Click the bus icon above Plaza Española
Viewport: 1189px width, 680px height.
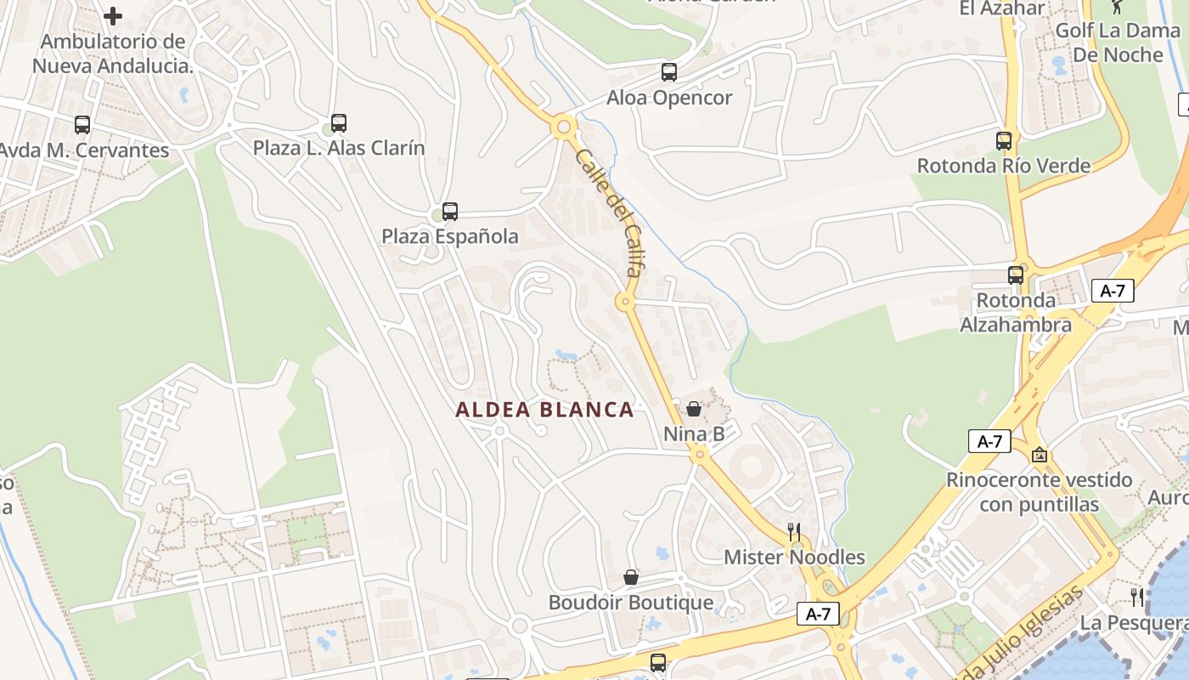[450, 212]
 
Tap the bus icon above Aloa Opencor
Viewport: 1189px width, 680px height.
[669, 72]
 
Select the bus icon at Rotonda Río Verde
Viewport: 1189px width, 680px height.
[1004, 141]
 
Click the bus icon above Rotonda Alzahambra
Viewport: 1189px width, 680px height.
[1016, 275]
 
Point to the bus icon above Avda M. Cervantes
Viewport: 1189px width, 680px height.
[82, 125]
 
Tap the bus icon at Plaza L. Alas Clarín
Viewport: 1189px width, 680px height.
[339, 123]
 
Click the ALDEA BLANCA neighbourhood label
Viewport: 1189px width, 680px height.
[544, 410]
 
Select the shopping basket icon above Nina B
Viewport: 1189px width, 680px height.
[694, 410]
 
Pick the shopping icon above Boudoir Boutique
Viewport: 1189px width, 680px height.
[631, 578]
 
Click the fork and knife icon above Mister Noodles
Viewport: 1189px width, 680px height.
[794, 532]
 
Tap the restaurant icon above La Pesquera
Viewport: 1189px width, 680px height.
[1137, 598]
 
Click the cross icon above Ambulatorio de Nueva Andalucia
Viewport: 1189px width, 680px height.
[113, 16]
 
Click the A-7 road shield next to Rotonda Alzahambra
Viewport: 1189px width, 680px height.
[1112, 291]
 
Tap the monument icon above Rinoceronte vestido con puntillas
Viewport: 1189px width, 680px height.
[1039, 456]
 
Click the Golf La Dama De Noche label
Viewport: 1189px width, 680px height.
[1118, 42]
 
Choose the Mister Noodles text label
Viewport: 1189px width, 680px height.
[794, 558]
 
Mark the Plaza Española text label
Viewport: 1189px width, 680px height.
[449, 236]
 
